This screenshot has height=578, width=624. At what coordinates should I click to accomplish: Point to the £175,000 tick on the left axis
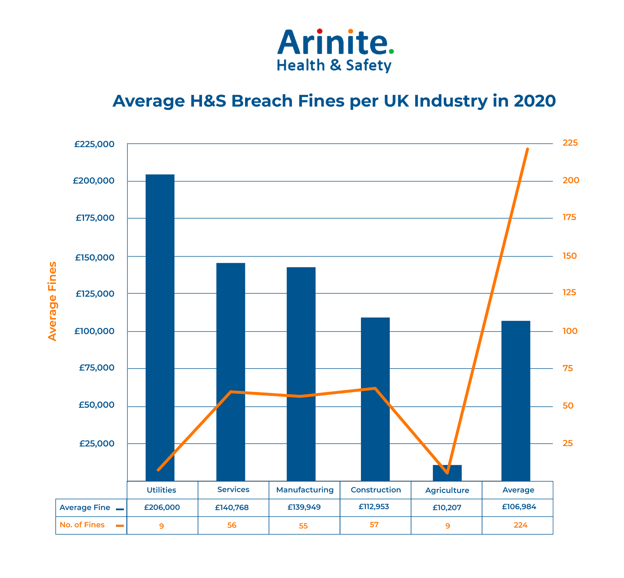pyautogui.click(x=95, y=218)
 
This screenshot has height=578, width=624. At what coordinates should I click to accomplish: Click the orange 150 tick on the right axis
pyautogui.click(x=569, y=256)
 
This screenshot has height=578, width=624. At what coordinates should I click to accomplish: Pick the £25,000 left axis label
pyautogui.click(x=96, y=443)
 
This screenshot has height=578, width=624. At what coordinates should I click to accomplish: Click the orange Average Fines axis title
pyautogui.click(x=52, y=301)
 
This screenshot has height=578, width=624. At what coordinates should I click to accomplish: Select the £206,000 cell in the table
pyautogui.click(x=162, y=507)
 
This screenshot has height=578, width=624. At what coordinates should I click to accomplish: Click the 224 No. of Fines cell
pyautogui.click(x=520, y=525)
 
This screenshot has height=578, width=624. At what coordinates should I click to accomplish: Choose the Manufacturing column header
pyautogui.click(x=304, y=489)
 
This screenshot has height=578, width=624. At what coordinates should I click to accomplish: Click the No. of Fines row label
pyautogui.click(x=82, y=525)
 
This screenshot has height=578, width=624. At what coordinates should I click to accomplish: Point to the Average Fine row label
pyautogui.click(x=84, y=507)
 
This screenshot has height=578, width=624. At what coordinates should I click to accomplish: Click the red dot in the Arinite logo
pyautogui.click(x=320, y=31)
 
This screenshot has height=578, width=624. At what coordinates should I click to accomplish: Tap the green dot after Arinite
pyautogui.click(x=391, y=51)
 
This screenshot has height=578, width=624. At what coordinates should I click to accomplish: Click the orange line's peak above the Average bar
pyautogui.click(x=527, y=149)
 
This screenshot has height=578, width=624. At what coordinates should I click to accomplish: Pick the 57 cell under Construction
pyautogui.click(x=374, y=525)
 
